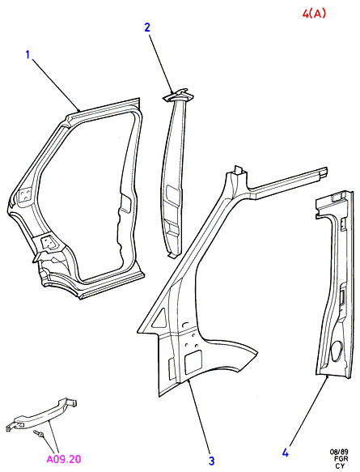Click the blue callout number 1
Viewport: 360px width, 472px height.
pyautogui.click(x=28, y=55)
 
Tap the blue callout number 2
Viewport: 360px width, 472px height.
pyautogui.click(x=147, y=28)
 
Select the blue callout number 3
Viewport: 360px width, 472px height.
pyautogui.click(x=211, y=461)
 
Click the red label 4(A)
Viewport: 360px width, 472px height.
pyautogui.click(x=314, y=13)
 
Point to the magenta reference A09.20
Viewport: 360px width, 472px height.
pyautogui.click(x=64, y=459)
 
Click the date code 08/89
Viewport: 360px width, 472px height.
pyautogui.click(x=339, y=452)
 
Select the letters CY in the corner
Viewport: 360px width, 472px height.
pyautogui.click(x=340, y=466)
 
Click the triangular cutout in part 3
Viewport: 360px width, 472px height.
pyautogui.click(x=160, y=319)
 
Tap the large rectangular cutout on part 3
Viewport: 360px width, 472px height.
pyautogui.click(x=193, y=363)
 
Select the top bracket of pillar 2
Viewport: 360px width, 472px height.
pyautogui.click(x=178, y=95)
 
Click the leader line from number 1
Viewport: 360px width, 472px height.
pyautogui.click(x=57, y=85)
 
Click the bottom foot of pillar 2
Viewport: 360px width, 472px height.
pyautogui.click(x=173, y=255)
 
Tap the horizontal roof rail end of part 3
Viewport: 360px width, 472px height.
pyautogui.click(x=321, y=172)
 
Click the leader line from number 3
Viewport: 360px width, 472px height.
pyautogui.click(x=198, y=417)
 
